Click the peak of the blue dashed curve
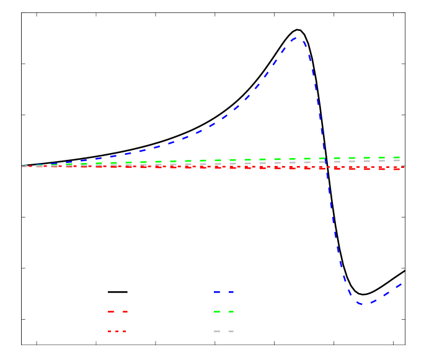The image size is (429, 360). point(297,38)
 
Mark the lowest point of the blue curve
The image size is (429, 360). point(362,304)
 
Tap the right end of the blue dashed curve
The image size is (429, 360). point(402,284)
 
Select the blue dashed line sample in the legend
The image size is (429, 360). point(224,292)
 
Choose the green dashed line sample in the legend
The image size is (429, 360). point(224,312)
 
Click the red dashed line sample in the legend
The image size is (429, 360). point(118,312)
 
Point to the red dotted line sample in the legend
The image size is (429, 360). point(117,331)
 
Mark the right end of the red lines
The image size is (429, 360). point(402,167)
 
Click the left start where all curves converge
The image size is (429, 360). point(24,166)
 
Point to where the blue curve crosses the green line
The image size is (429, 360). point(326,159)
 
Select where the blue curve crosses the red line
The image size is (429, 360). point(327,167)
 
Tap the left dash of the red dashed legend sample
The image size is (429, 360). point(111,312)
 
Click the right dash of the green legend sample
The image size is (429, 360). point(231,312)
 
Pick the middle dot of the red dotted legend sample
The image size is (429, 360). point(117,331)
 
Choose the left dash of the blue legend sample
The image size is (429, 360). point(217,292)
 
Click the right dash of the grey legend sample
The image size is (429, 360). point(231,331)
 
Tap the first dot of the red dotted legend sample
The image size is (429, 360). point(110,331)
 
